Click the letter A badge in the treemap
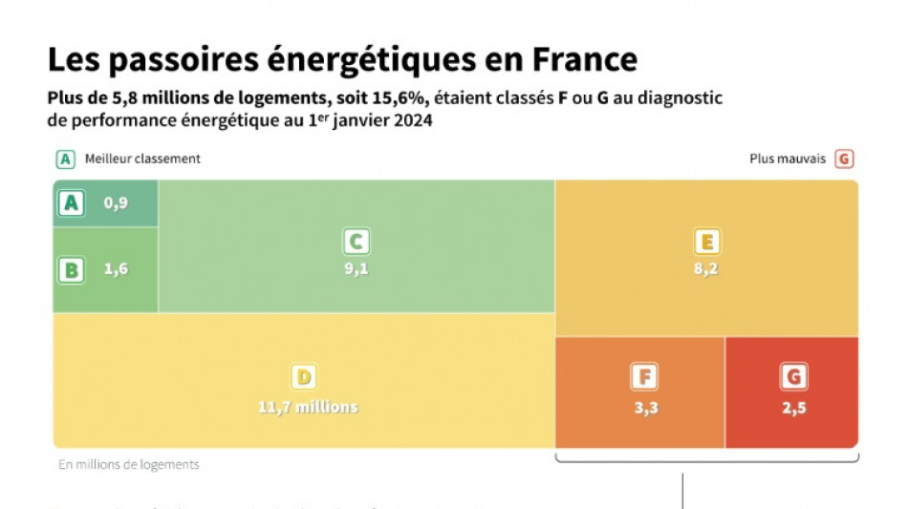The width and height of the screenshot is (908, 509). pos(72,202)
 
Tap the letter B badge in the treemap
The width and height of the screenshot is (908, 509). pos(71,269)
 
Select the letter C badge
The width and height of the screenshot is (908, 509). pos(357,242)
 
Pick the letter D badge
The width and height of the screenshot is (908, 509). pos(305,377)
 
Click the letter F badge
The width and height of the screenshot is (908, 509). pos(644,377)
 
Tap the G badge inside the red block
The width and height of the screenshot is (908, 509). pos(792,377)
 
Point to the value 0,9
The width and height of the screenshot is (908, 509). pos(116,202)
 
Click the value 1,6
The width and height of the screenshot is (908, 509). pos(116,269)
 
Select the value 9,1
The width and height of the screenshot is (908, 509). pos(357,269)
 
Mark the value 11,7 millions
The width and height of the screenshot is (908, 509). pos(308,407)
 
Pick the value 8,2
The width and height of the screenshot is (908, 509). pos(707,269)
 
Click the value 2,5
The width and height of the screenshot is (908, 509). pos(792,407)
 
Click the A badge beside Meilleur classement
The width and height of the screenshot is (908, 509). pos(65,159)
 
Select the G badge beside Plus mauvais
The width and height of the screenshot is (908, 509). pos(843,159)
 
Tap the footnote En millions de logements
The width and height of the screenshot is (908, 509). pos(129,465)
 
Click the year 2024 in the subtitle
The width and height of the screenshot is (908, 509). pos(413,121)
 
